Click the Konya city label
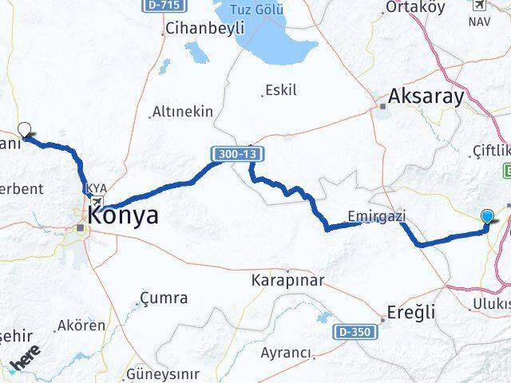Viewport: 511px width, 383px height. [x=124, y=215]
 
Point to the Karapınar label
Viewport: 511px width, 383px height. [x=287, y=281]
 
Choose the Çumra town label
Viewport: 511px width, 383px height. [x=164, y=298]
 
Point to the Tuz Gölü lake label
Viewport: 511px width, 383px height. [x=257, y=10]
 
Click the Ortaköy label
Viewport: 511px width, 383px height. [x=414, y=7]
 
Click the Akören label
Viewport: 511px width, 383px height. [x=81, y=326]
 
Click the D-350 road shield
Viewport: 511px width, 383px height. [x=354, y=330]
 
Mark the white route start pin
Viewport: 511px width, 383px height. [x=25, y=128]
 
